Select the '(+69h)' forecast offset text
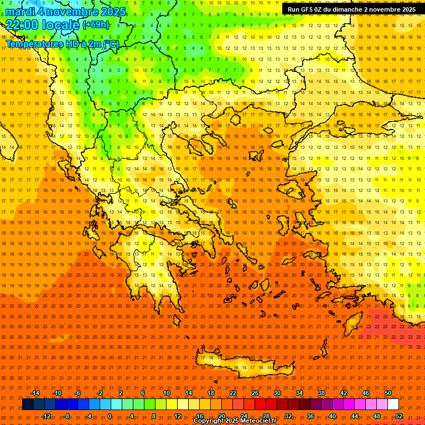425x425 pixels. (x=96, y=25)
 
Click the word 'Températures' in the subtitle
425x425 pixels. (x=34, y=44)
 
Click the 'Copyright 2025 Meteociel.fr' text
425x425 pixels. (x=235, y=421)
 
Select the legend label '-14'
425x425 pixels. (x=35, y=393)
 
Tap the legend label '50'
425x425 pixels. (x=388, y=393)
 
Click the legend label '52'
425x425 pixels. (x=399, y=416)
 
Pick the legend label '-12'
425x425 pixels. (x=46, y=416)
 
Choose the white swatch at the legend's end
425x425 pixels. (x=393, y=405)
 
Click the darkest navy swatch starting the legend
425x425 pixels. (x=28, y=405)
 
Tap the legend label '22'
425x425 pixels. (x=233, y=393)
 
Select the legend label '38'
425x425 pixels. (x=322, y=393)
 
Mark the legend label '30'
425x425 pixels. (x=277, y=393)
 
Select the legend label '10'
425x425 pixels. (x=167, y=393)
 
